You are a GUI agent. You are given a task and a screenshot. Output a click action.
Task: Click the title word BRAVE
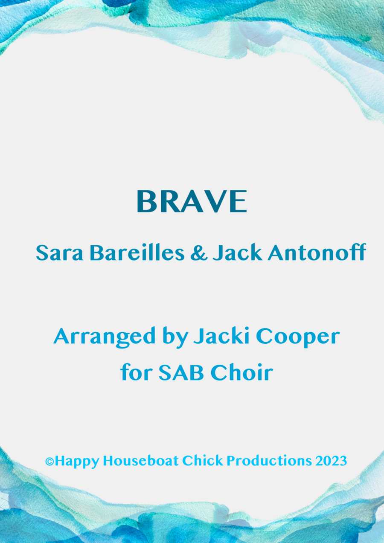pyautogui.click(x=192, y=201)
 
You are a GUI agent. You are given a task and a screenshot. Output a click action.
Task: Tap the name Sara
pyautogui.click(x=59, y=253)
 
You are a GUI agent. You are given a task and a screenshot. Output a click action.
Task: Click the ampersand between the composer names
pyautogui.click(x=199, y=253)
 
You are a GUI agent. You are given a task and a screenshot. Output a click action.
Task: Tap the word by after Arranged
pyautogui.click(x=175, y=337)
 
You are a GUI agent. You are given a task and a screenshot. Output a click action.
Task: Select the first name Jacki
pyautogui.click(x=221, y=336)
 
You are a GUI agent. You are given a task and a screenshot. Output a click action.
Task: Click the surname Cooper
pyautogui.click(x=298, y=337)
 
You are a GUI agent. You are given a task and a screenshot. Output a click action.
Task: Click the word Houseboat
pyautogui.click(x=141, y=461)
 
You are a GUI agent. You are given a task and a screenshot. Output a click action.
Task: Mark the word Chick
pyautogui.click(x=202, y=461)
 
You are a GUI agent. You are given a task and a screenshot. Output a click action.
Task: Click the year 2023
pyautogui.click(x=331, y=461)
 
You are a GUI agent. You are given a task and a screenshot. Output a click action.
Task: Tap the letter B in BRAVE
pyautogui.click(x=146, y=202)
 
